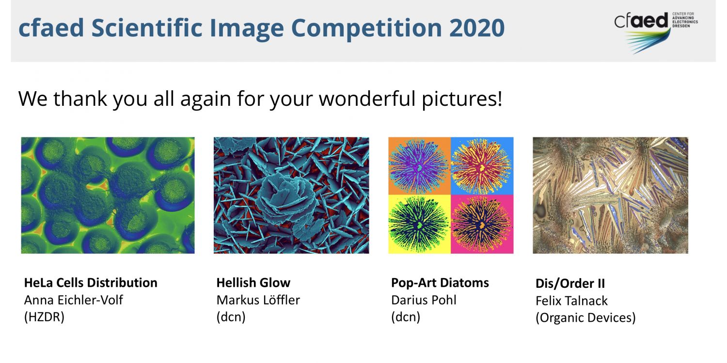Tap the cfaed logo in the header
click(656, 33)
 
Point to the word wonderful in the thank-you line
click(367, 99)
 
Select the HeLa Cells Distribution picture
click(108, 195)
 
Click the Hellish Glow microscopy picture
click(291, 195)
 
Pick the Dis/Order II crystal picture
click(610, 195)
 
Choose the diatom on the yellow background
click(419, 224)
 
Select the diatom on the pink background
click(482, 224)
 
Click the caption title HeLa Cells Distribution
click(91, 283)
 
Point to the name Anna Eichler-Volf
click(73, 300)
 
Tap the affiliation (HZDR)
click(44, 317)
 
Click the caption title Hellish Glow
click(253, 283)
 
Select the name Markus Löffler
click(258, 300)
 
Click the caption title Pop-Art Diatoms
click(440, 283)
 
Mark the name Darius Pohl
click(424, 300)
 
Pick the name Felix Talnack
click(571, 301)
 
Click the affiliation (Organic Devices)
click(585, 318)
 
